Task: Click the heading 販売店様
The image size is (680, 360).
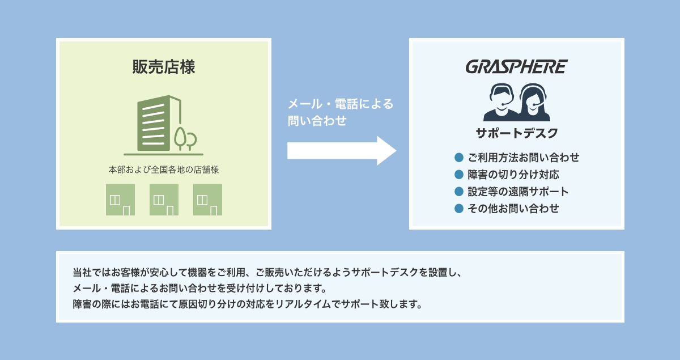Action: coord(164,66)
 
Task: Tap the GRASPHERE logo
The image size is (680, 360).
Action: coord(516,67)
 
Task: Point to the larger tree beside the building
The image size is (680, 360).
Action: coord(180,138)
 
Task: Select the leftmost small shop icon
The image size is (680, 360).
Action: coord(120,200)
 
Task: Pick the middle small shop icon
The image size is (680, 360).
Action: coord(164,200)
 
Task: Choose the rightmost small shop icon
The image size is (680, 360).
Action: coord(207,200)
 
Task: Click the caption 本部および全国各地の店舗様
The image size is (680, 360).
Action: coord(164,170)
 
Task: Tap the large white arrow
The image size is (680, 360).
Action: coord(342,151)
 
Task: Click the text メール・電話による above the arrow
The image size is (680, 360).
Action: coord(341,104)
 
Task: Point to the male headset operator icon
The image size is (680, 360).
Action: coord(501,103)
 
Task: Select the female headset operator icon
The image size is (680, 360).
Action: coord(533,103)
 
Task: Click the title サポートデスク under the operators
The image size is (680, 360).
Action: coord(517,133)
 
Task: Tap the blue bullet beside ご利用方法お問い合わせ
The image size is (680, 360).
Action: coord(459,158)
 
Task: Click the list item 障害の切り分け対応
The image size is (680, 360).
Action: coord(513,175)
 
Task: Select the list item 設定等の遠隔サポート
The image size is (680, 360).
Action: coord(518,192)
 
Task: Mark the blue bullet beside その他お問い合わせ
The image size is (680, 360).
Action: coord(459,209)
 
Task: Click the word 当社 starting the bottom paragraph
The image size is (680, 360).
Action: coord(82,272)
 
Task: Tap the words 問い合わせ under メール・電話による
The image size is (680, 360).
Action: coord(317,121)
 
